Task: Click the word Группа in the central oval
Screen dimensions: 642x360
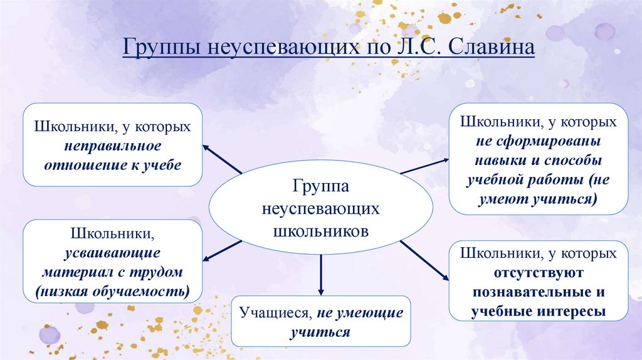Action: click(320, 186)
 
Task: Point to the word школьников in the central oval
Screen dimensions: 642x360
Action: click(321, 230)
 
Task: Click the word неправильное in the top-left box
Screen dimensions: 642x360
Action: click(112, 146)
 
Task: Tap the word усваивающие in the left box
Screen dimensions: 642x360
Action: click(112, 253)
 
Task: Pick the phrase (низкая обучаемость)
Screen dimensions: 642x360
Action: click(112, 292)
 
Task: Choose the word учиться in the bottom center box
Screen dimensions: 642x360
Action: click(320, 332)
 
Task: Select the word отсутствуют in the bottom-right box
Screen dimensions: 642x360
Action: click(539, 273)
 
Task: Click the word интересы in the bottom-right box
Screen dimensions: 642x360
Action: click(574, 312)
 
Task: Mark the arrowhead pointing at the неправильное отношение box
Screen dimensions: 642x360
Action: click(206, 148)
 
